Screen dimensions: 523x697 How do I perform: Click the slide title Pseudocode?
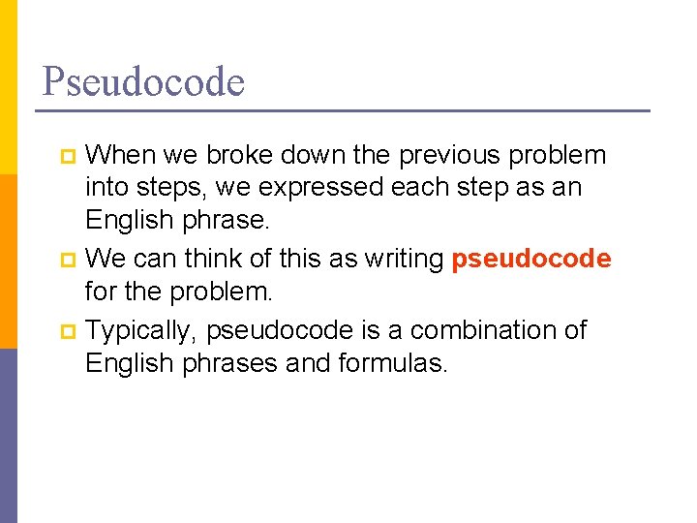tap(143, 81)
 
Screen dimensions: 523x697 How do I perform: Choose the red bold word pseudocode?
tap(530, 260)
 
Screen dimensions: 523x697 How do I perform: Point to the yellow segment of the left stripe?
tap(8, 87)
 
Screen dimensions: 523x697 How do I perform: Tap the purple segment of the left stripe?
tap(8, 436)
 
